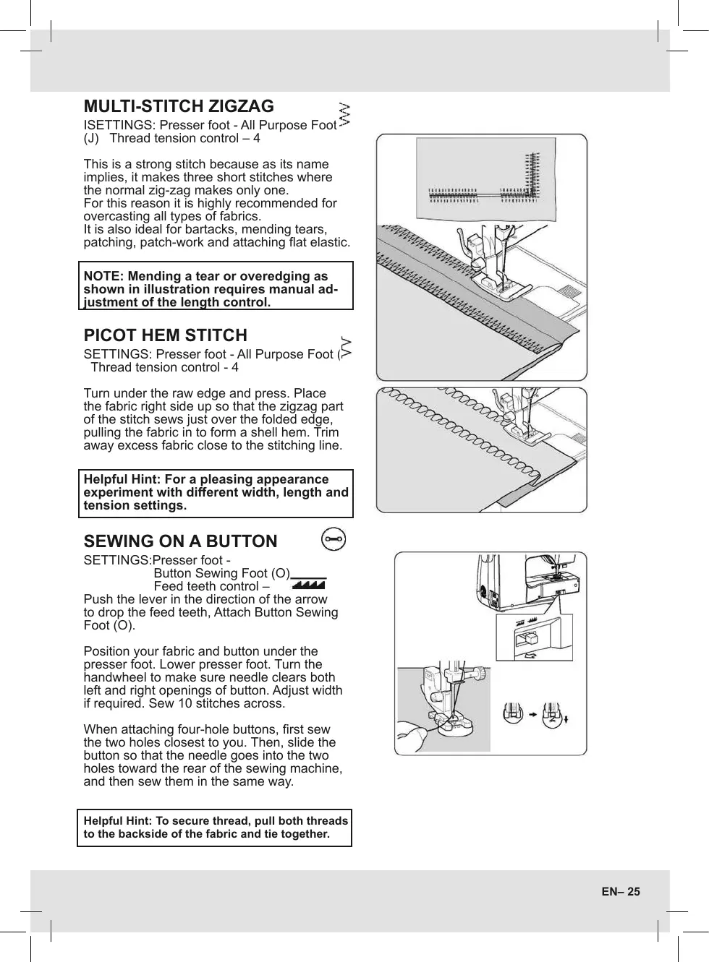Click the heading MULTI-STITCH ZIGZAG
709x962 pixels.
(x=179, y=107)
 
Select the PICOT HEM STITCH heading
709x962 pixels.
(x=165, y=335)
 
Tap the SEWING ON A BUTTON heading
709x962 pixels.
(x=180, y=541)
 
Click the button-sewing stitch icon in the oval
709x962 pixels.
(x=334, y=540)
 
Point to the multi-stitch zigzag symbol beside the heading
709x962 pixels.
(x=344, y=113)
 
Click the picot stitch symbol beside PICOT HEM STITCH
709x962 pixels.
(x=346, y=347)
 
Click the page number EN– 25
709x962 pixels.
(x=620, y=891)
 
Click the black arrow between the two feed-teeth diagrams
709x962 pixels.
(x=532, y=714)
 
